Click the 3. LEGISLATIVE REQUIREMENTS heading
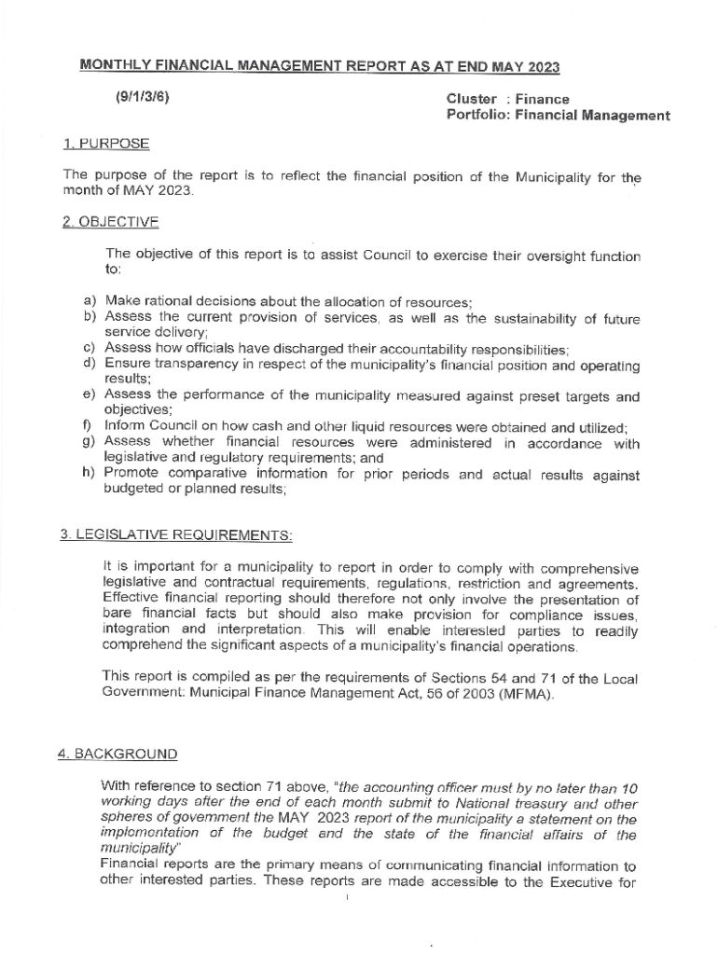(176, 535)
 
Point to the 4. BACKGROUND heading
(117, 754)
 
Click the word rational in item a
(170, 301)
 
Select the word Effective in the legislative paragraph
(134, 599)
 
